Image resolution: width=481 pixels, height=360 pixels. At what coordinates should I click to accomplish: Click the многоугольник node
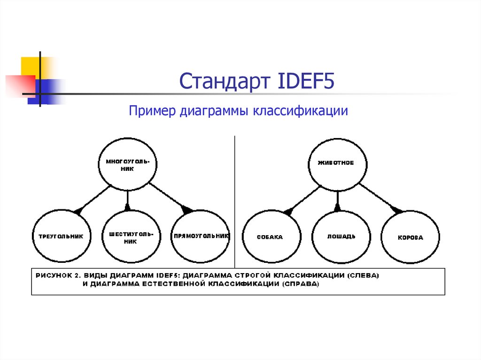click(x=127, y=165)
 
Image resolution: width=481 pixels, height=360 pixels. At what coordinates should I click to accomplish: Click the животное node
click(x=336, y=163)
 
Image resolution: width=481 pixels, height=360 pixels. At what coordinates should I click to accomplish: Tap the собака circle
click(x=270, y=237)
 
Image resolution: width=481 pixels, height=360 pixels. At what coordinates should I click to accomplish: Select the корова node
click(x=410, y=237)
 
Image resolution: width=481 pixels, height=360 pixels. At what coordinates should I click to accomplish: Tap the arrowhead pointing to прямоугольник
click(x=187, y=210)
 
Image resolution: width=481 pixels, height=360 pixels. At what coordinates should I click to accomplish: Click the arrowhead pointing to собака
click(x=287, y=212)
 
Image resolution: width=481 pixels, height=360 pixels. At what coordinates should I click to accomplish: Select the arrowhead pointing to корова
click(x=397, y=211)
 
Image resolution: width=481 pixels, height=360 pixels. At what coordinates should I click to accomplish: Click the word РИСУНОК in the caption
click(x=51, y=275)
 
